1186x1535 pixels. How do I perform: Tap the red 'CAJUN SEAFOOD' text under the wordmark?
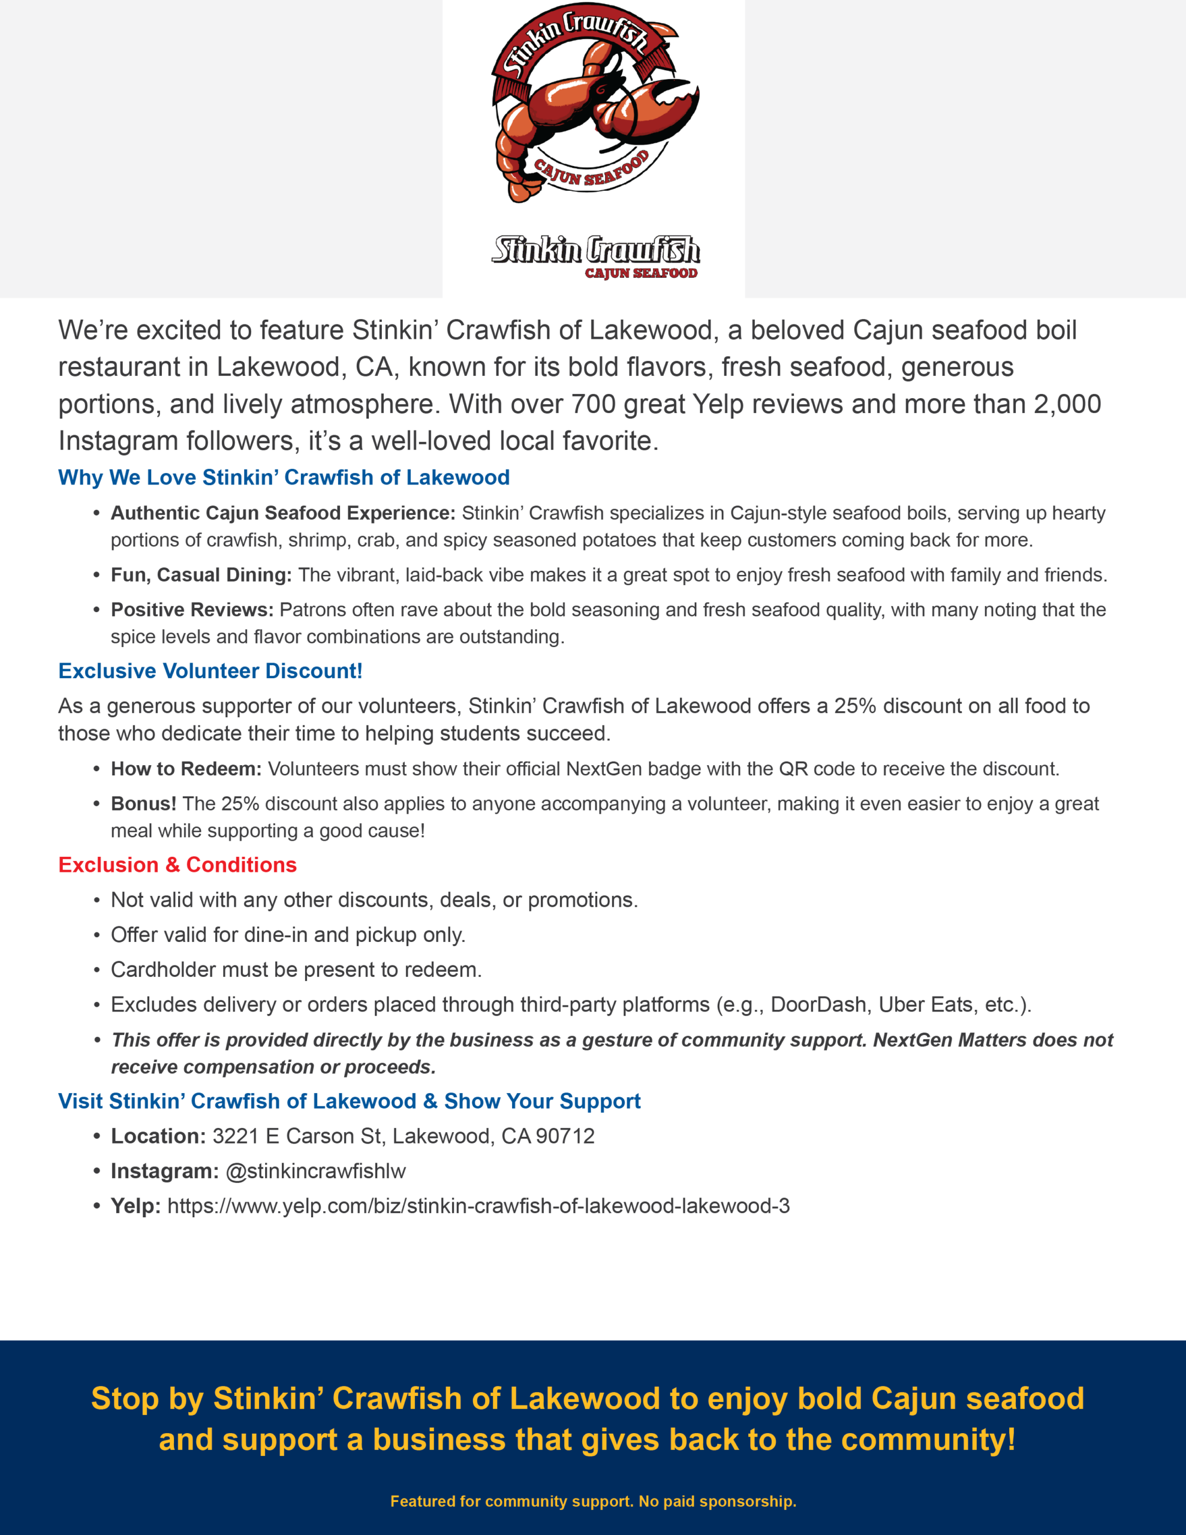click(640, 273)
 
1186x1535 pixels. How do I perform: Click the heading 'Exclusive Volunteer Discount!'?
click(210, 671)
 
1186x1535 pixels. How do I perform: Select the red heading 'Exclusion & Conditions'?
click(177, 865)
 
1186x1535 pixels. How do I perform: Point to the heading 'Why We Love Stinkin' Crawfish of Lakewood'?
click(284, 477)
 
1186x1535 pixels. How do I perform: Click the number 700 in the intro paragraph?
click(592, 404)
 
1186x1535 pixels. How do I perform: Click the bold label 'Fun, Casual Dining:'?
click(201, 575)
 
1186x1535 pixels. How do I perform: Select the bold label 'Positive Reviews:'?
click(192, 609)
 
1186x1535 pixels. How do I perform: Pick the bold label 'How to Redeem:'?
click(186, 769)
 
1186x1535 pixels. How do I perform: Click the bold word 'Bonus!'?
click(143, 803)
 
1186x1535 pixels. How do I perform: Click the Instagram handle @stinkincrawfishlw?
click(315, 1171)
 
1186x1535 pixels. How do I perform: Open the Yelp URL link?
click(478, 1206)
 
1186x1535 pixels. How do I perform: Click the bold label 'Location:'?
click(158, 1136)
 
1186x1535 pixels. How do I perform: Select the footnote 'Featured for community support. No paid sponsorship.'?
click(592, 1501)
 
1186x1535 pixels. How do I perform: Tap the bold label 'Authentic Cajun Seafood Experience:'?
click(282, 513)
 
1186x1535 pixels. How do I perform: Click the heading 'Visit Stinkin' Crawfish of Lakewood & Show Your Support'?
click(349, 1101)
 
